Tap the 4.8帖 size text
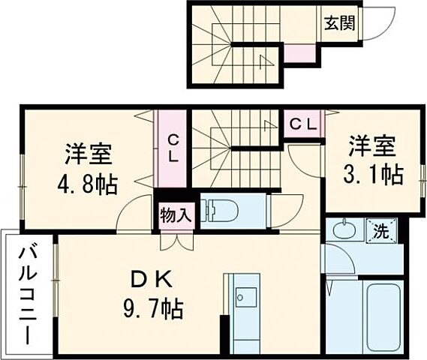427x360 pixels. pyautogui.click(x=87, y=184)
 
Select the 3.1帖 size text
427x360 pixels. pyautogui.click(x=374, y=175)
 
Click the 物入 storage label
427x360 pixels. pyautogui.click(x=176, y=215)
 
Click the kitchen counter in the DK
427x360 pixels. pyautogui.click(x=245, y=314)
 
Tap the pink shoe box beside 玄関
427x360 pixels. pyautogui.click(x=300, y=53)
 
